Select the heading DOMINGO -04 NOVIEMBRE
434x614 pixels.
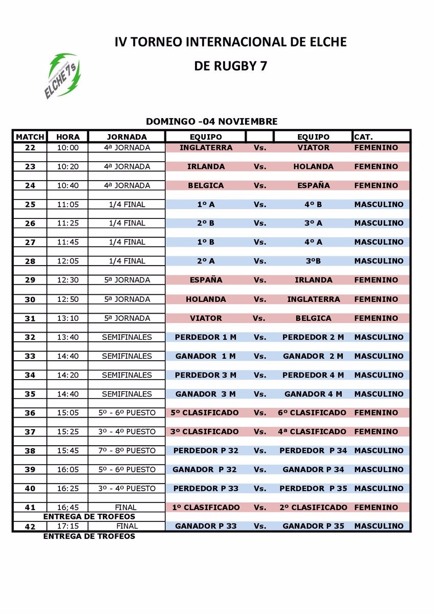click(x=212, y=122)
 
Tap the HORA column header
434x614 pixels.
click(x=68, y=137)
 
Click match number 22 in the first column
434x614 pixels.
click(x=30, y=147)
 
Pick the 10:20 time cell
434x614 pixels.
click(x=68, y=166)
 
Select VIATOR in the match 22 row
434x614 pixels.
click(x=313, y=147)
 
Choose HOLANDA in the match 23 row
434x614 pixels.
click(x=313, y=166)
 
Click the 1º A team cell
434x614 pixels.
click(x=206, y=204)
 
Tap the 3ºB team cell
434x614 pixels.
click(x=313, y=261)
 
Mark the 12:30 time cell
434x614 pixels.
click(x=68, y=280)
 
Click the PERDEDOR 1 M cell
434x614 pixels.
click(x=206, y=337)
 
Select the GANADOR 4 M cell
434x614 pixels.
click(x=313, y=394)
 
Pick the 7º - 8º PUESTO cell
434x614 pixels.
click(x=127, y=451)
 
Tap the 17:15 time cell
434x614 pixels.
click(x=68, y=526)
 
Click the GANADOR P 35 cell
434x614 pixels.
click(x=313, y=526)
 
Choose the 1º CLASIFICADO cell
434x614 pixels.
click(x=206, y=508)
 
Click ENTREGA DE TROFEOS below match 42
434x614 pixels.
click(x=89, y=536)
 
